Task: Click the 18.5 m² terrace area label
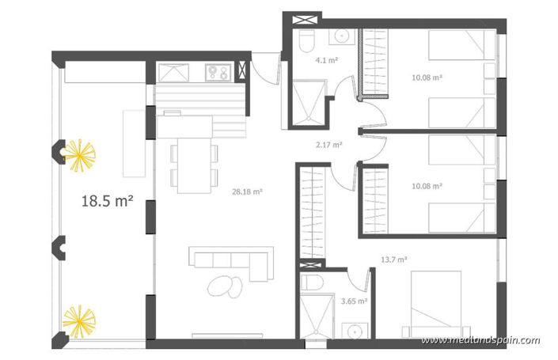(x=106, y=201)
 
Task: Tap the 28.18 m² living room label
(x=247, y=191)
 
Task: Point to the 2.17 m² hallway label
(x=328, y=145)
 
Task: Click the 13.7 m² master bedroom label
(x=393, y=259)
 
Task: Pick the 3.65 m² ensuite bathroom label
(x=353, y=301)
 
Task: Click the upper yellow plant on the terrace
(x=79, y=154)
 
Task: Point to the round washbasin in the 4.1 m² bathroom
(x=343, y=36)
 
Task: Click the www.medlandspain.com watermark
(x=480, y=341)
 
